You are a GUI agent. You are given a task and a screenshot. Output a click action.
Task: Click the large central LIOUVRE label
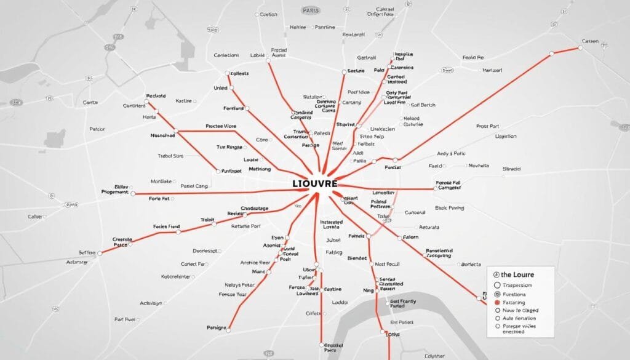pyautogui.click(x=315, y=184)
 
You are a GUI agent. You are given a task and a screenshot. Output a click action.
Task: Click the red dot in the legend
pyautogui.click(x=496, y=303)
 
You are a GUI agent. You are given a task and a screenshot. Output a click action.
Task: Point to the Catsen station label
pyautogui.click(x=589, y=41)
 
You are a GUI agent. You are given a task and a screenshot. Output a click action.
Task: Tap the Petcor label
pyautogui.click(x=97, y=129)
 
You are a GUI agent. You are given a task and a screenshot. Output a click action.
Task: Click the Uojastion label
pyautogui.click(x=506, y=136)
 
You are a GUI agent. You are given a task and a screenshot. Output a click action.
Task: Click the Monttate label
pyautogui.click(x=161, y=182)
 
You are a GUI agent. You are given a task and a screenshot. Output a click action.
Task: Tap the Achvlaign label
pyautogui.click(x=151, y=303)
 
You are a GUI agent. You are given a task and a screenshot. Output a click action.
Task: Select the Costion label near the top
pyautogui.click(x=268, y=14)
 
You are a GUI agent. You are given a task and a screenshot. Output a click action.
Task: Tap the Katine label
pyautogui.click(x=183, y=100)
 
